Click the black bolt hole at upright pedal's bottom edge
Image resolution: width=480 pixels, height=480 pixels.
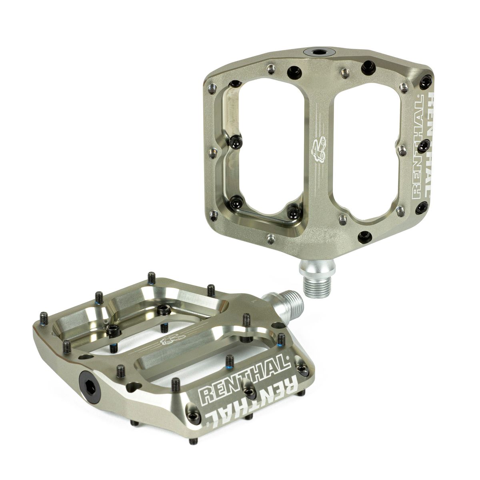pyautogui.click(x=364, y=235)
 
